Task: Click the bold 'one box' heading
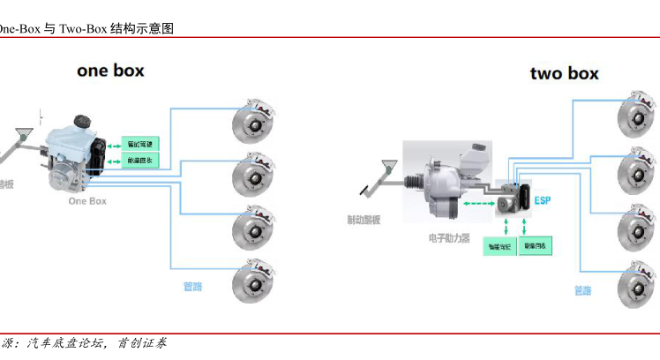tap(110, 71)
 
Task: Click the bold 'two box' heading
tap(564, 73)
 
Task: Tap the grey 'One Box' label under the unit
tap(87, 201)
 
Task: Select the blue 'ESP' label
tap(544, 200)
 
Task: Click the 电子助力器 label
tap(449, 238)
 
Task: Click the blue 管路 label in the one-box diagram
tap(192, 286)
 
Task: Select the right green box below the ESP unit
tap(535, 247)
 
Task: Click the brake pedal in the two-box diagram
tap(381, 174)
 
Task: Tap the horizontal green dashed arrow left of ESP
tap(477, 203)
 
